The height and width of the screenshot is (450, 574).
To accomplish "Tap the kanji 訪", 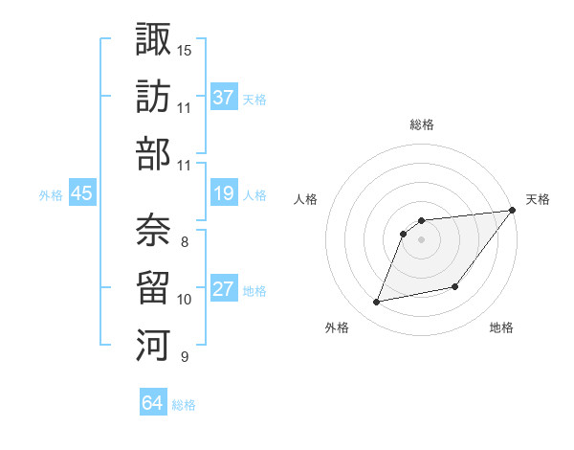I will tap(152, 96).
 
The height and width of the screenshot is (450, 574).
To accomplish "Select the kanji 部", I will tap(152, 154).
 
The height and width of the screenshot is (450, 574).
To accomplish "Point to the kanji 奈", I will tap(152, 227).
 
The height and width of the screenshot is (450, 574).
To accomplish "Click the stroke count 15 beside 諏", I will tap(184, 49).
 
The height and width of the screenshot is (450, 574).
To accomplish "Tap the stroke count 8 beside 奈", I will tap(184, 241).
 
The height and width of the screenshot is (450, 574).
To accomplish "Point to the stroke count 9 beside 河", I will tap(184, 357).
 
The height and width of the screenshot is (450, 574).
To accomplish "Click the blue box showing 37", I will tap(224, 97).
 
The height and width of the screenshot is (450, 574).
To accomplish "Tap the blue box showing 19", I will tap(224, 193).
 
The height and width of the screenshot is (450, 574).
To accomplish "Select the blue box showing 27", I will tap(224, 289).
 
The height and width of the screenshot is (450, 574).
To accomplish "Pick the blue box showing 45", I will tap(81, 193).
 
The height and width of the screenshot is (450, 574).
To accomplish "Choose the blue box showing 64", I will tap(153, 403).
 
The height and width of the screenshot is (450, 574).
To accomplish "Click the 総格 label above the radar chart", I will tap(421, 125).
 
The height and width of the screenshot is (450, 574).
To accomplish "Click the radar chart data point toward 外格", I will tap(377, 303).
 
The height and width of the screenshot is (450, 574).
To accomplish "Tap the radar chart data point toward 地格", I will tap(455, 287).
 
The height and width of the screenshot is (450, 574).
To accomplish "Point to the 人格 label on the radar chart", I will tap(306, 199).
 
